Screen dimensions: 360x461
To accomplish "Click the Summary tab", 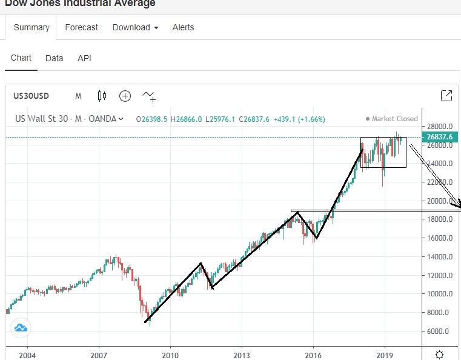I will (x=32, y=27).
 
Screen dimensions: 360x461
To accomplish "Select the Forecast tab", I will (x=81, y=27).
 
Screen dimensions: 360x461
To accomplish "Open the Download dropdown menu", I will (x=135, y=27).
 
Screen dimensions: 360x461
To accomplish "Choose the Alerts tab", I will (x=183, y=27).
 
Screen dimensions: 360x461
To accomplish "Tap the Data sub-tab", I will (x=54, y=58).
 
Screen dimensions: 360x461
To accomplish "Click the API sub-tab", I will (x=84, y=58).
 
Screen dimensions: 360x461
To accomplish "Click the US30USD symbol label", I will (x=32, y=96).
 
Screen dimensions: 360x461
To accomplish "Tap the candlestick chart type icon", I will (x=102, y=96).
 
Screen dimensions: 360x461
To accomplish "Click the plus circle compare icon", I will (x=125, y=96).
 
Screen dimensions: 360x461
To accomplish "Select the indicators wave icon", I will (x=148, y=96).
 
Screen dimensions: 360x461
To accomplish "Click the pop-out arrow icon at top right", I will (x=446, y=95).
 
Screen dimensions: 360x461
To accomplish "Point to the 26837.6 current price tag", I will (x=440, y=137).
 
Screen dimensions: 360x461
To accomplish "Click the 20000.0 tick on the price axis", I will (x=440, y=201).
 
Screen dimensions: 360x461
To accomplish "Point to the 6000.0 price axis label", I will (x=440, y=332).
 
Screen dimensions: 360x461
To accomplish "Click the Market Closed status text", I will (x=394, y=119).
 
